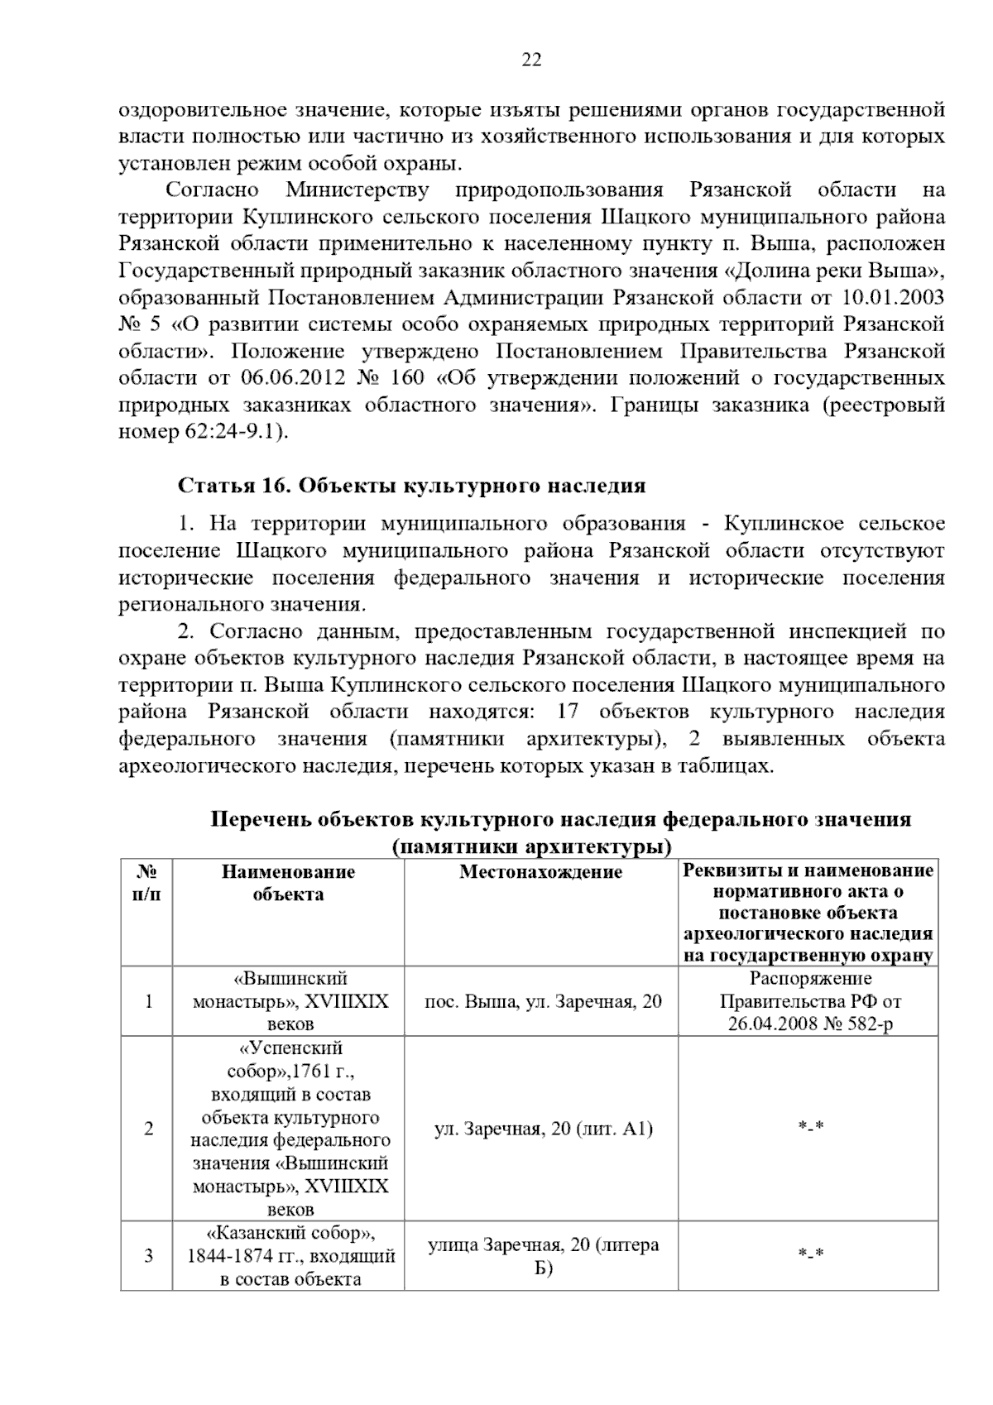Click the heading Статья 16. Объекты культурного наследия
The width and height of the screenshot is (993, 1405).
(x=411, y=486)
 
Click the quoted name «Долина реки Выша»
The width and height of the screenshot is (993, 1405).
(x=835, y=271)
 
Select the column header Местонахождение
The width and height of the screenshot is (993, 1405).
(x=540, y=871)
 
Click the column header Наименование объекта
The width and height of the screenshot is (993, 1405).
(x=288, y=882)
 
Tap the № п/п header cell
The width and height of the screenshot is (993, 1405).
(x=146, y=882)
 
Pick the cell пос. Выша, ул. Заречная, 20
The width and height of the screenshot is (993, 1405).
(x=543, y=1001)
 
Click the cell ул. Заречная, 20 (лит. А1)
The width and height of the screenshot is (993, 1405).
(x=543, y=1128)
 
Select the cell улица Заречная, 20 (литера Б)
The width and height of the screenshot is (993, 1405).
(x=543, y=1256)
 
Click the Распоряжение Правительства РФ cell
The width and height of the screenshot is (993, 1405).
(x=810, y=1001)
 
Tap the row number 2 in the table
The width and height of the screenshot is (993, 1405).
(x=148, y=1128)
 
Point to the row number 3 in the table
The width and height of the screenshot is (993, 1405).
(x=148, y=1255)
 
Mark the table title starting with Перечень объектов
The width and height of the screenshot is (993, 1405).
(x=560, y=832)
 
